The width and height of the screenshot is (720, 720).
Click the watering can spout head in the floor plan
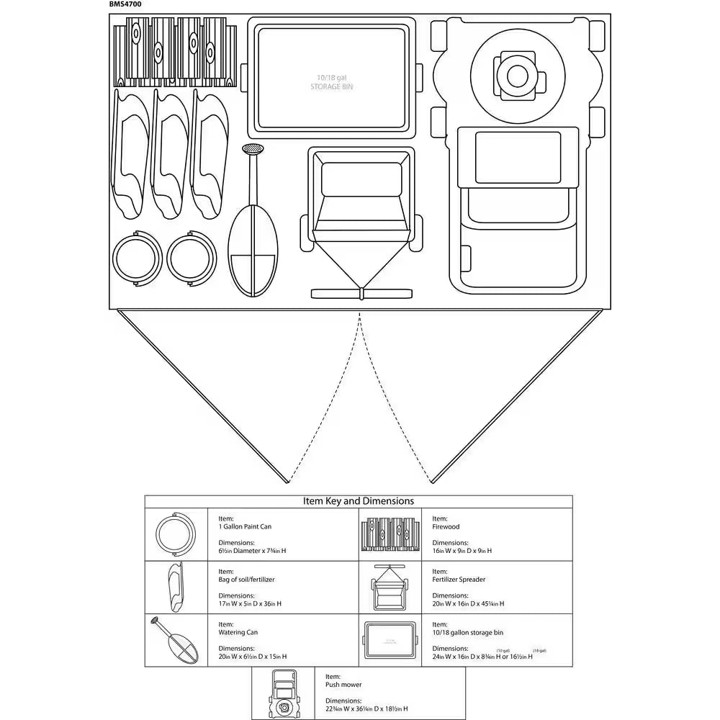pyautogui.click(x=253, y=150)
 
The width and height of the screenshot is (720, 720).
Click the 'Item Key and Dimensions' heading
pyautogui.click(x=359, y=501)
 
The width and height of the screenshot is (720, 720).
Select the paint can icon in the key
pyautogui.click(x=175, y=534)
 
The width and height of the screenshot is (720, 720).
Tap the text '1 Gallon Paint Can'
pyautogui.click(x=245, y=526)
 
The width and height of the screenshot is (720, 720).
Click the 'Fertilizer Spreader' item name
pyautogui.click(x=459, y=579)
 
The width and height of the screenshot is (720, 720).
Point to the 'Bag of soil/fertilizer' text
pyautogui.click(x=246, y=579)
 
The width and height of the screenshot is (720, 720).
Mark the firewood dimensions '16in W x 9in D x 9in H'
pyautogui.click(x=462, y=551)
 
